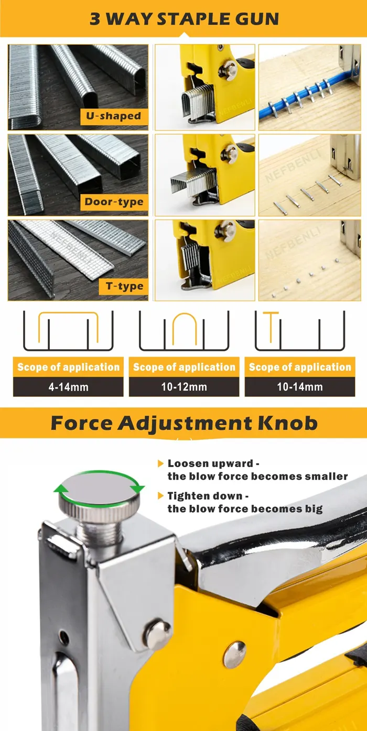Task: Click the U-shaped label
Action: [114, 116]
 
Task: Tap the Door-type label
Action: [114, 202]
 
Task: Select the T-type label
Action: [124, 286]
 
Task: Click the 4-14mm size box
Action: [68, 387]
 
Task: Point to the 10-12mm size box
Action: [184, 387]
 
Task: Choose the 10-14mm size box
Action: [300, 387]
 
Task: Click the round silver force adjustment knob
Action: [99, 496]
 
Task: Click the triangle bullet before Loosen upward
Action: [160, 463]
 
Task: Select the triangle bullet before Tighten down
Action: [160, 496]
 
